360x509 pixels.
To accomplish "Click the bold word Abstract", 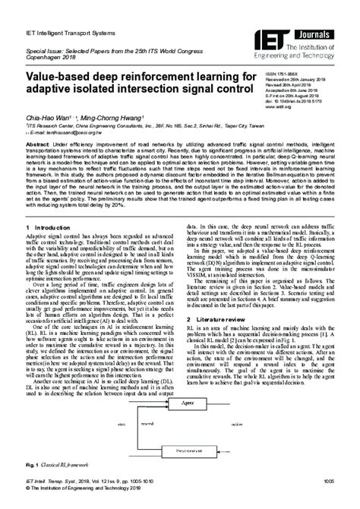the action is point(37,143).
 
